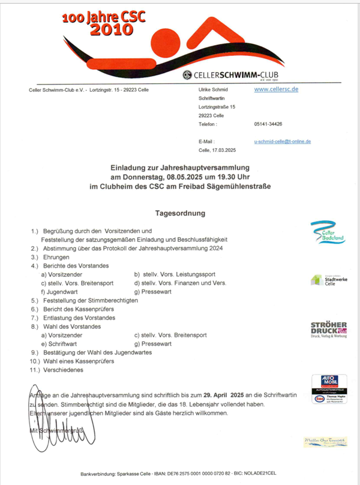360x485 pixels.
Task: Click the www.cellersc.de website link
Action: (x=276, y=89)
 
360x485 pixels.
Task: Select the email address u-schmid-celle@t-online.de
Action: (x=282, y=141)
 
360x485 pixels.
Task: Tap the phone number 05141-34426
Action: (x=268, y=124)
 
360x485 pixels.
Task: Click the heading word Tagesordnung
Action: (x=180, y=213)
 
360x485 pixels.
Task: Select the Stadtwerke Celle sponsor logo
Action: (x=325, y=280)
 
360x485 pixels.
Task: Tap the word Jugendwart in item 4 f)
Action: (x=64, y=291)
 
